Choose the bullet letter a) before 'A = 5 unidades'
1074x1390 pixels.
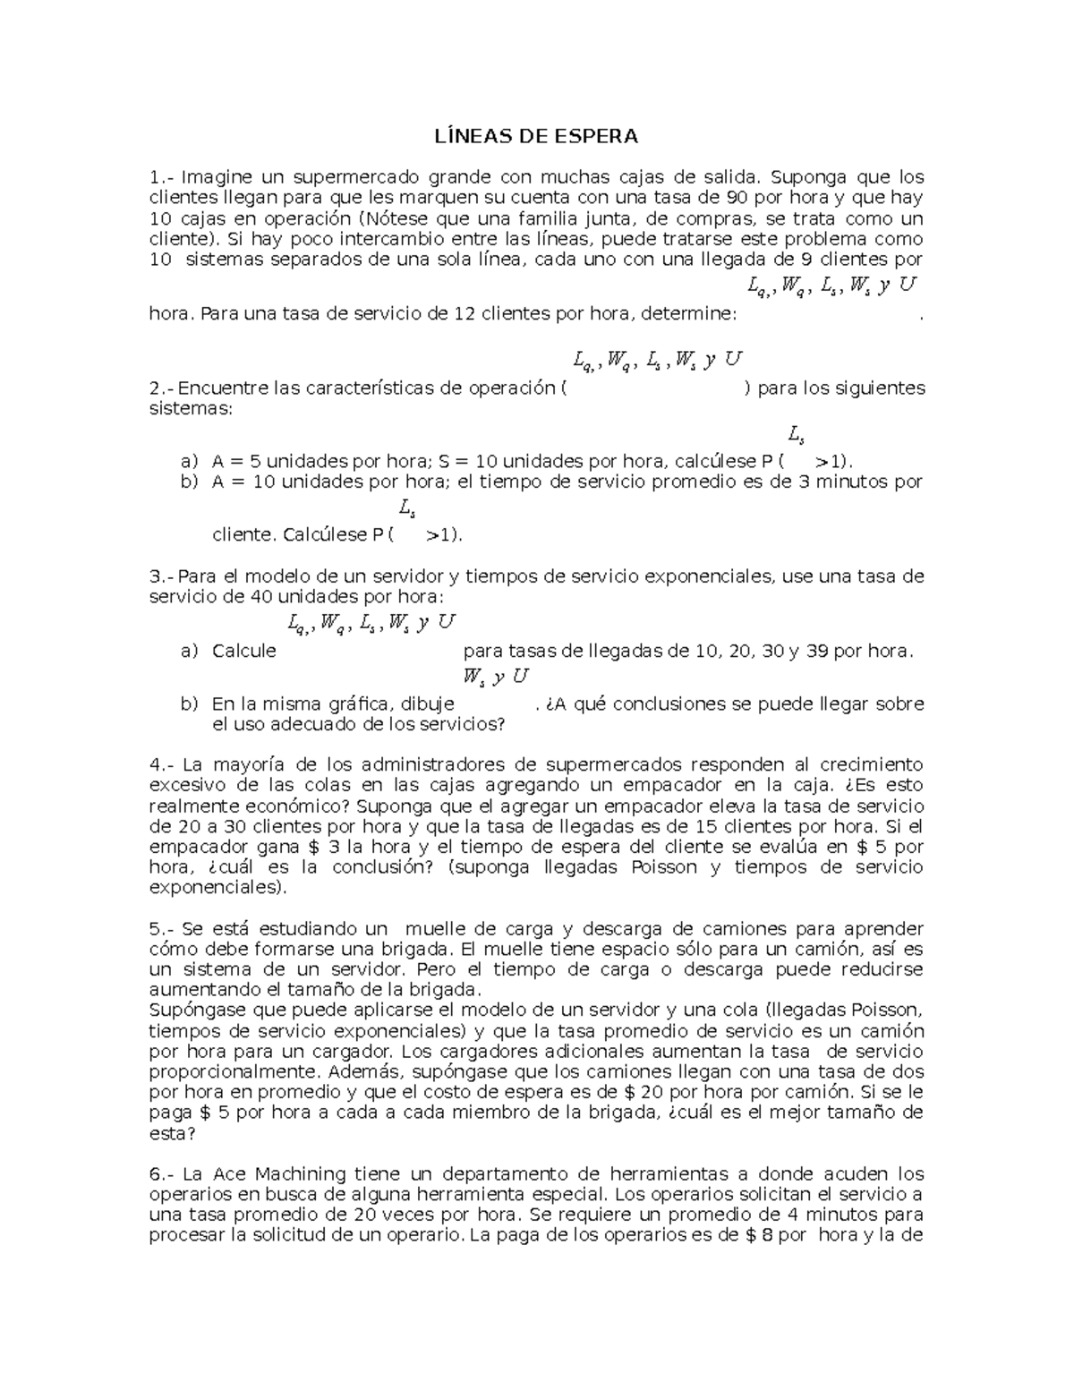pyautogui.click(x=189, y=462)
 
